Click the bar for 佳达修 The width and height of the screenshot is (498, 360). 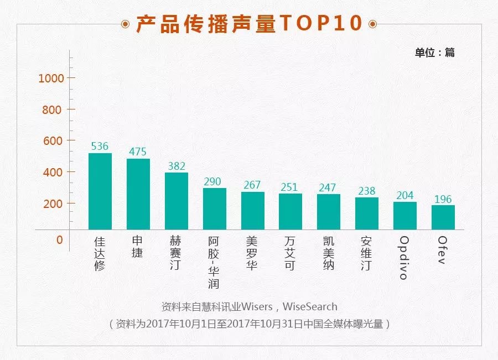[100, 191]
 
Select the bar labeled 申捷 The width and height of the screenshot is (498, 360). [138, 194]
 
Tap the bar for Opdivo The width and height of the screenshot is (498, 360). [404, 216]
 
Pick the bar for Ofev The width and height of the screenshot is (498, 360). [443, 217]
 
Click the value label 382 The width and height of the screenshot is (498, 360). [177, 166]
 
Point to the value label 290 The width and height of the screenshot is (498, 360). [214, 181]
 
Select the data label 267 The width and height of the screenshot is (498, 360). [252, 185]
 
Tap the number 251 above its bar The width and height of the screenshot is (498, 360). [290, 187]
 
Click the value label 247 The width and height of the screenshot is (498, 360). [328, 187]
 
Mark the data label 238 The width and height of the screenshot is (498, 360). [366, 191]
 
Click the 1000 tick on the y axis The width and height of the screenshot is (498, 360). [51, 78]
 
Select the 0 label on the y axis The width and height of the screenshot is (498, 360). [59, 240]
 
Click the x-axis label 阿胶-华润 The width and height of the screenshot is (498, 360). [214, 262]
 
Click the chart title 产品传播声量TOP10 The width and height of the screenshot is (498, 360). [249, 24]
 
